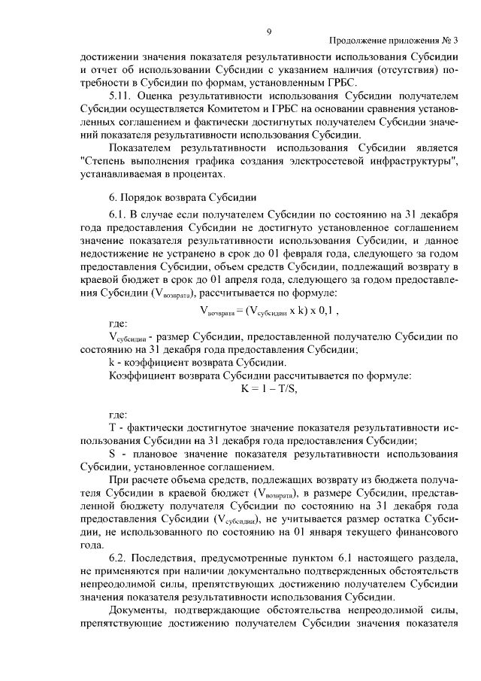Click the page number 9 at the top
click(x=268, y=30)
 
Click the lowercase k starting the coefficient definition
click(x=112, y=361)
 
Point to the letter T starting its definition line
click(x=112, y=427)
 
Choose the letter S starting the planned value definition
click(x=112, y=454)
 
